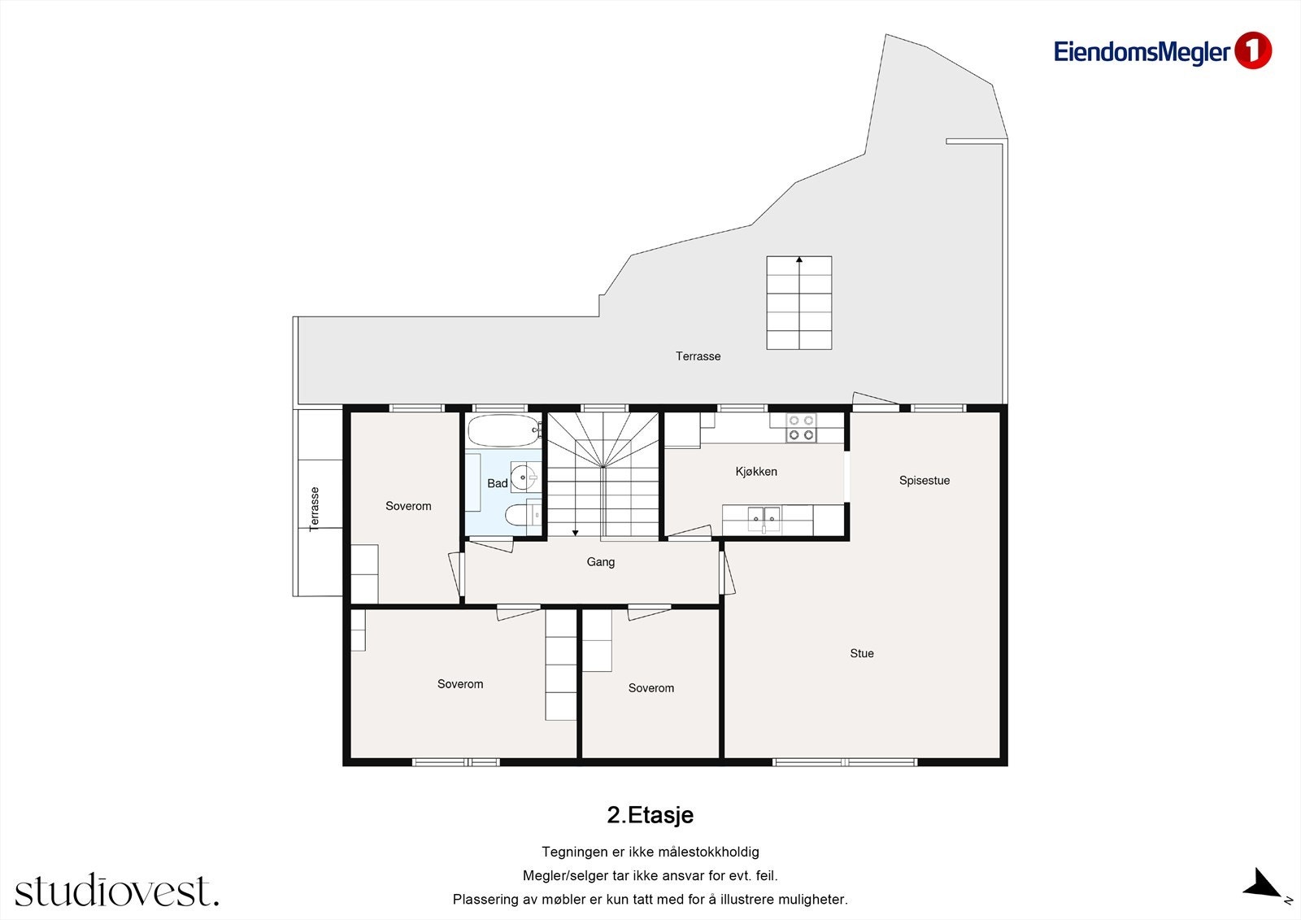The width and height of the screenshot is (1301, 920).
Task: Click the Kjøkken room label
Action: [755, 471]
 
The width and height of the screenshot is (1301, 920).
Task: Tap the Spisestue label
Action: [924, 481]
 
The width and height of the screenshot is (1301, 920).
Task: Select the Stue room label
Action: [861, 653]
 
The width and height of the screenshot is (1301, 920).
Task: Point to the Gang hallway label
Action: [600, 562]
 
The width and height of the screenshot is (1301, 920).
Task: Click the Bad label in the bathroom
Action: [497, 483]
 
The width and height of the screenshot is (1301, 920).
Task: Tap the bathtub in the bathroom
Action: [504, 430]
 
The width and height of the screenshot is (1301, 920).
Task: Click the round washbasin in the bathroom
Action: [524, 477]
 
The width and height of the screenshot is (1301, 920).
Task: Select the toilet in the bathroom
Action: [521, 515]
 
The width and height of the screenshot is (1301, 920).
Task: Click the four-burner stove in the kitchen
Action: [801, 428]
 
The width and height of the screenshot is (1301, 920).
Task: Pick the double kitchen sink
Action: [764, 518]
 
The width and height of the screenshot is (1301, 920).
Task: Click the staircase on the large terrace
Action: [798, 303]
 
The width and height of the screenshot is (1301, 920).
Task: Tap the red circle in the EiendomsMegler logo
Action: [1253, 50]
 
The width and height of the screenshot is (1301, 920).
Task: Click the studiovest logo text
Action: [117, 890]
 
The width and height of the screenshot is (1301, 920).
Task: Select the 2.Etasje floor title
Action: [650, 815]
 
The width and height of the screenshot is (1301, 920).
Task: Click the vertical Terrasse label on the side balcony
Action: [314, 509]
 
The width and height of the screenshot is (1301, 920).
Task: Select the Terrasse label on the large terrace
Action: [698, 356]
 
